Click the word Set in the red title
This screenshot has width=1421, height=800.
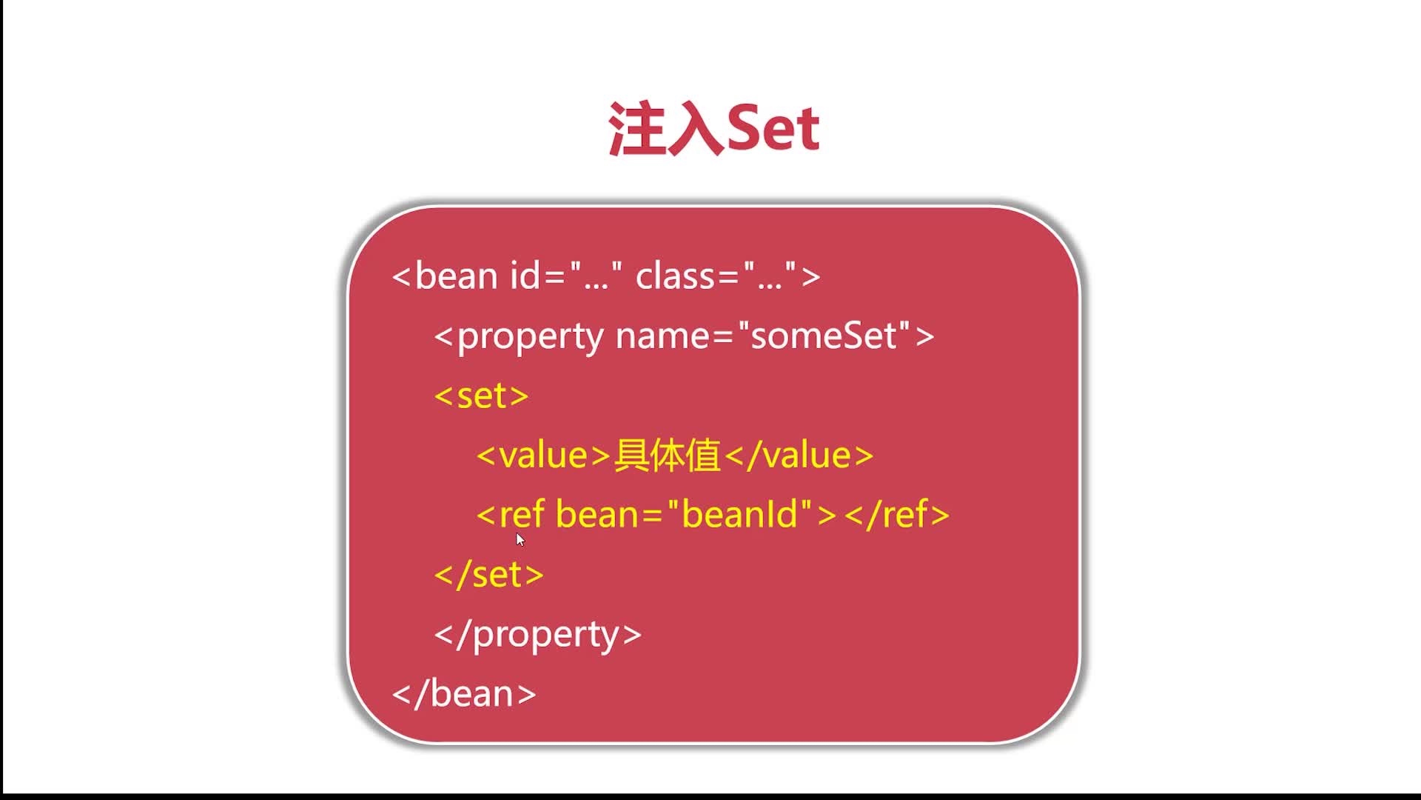tap(773, 129)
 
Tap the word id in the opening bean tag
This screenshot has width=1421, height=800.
tap(525, 276)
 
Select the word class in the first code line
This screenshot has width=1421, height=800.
tap(676, 276)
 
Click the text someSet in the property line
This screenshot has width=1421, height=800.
tap(830, 336)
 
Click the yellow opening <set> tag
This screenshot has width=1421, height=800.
tap(482, 396)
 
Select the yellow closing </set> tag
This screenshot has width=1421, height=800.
tap(489, 574)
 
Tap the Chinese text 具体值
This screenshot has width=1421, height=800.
tap(668, 455)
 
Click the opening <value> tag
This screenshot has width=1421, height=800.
tap(544, 455)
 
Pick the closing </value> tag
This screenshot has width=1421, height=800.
tap(799, 455)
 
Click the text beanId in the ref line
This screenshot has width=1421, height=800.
tap(740, 514)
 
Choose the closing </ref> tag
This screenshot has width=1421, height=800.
tap(897, 514)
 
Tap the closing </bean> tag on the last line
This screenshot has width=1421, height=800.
tap(464, 694)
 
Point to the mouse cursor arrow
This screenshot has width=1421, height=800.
tap(520, 539)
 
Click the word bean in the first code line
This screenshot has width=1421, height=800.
tap(456, 276)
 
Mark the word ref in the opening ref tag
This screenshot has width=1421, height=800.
tap(522, 514)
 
